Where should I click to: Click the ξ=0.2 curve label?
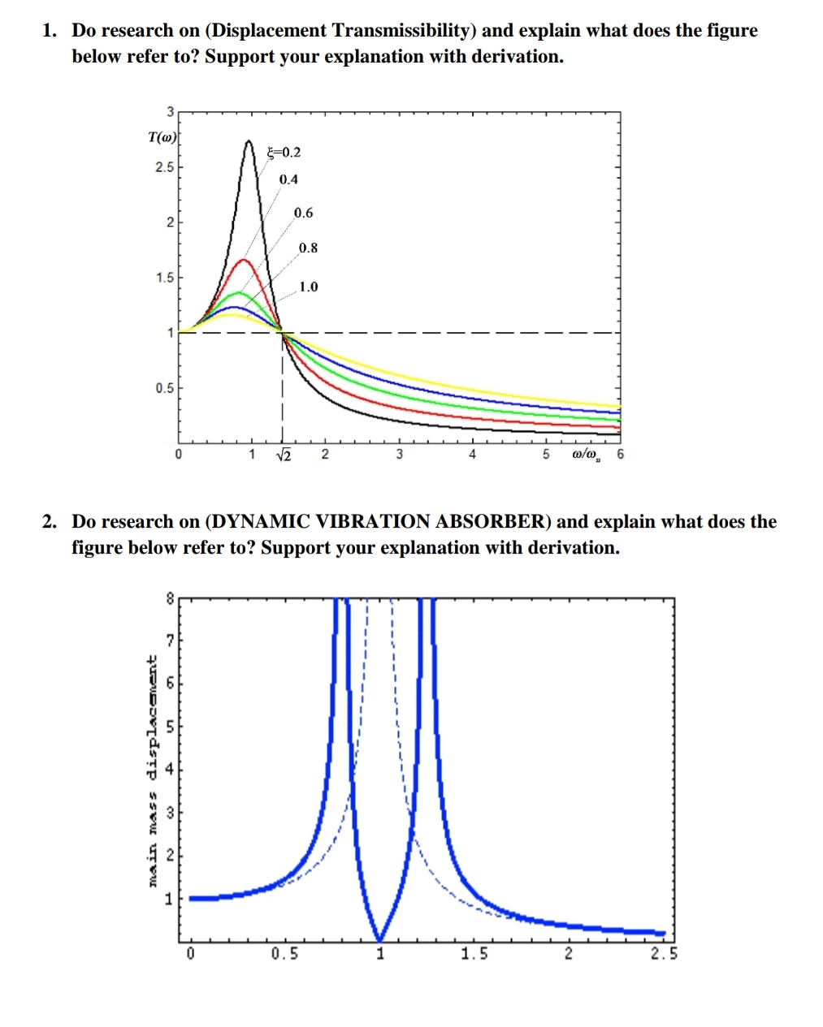(x=284, y=152)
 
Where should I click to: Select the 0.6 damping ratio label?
(x=303, y=213)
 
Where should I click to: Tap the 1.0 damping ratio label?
(x=308, y=287)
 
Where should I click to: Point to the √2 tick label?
(x=284, y=454)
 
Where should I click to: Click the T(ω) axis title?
(x=163, y=137)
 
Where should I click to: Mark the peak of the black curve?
(x=249, y=141)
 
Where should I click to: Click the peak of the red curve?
(x=244, y=260)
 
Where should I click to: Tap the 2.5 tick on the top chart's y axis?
(x=165, y=167)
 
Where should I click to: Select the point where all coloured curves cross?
(x=281, y=331)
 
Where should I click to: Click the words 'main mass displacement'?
(x=152, y=770)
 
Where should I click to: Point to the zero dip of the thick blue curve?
(x=379, y=940)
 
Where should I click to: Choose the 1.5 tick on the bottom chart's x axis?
(x=474, y=954)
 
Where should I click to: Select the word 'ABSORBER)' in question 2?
(x=497, y=521)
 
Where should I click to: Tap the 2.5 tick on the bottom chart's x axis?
(x=664, y=954)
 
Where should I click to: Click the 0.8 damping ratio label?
(x=308, y=248)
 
